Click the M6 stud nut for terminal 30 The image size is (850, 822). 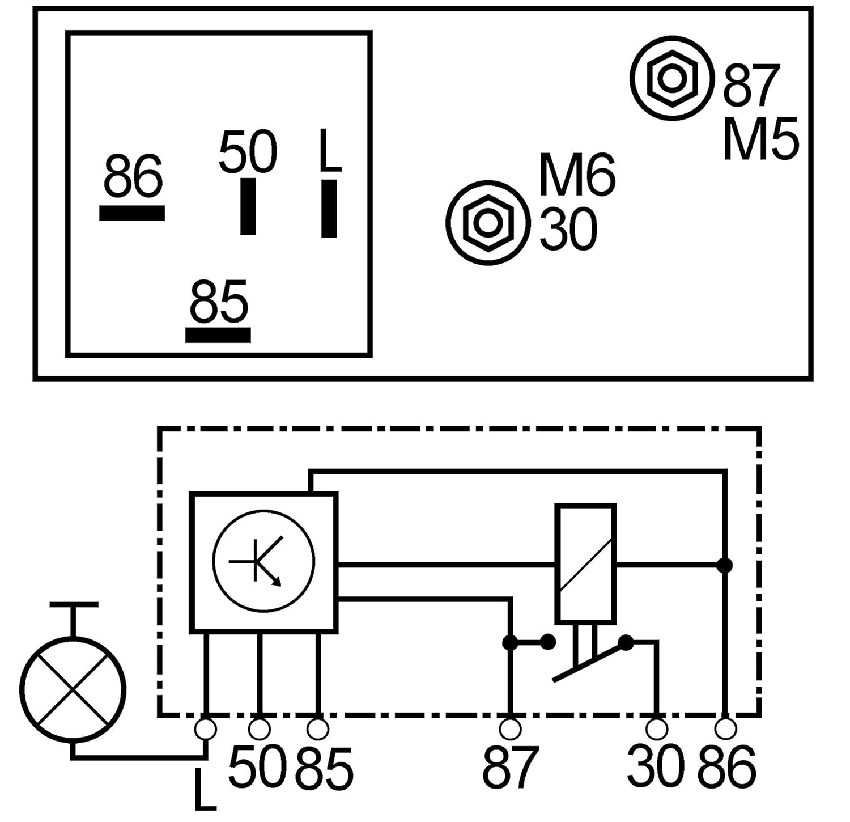tap(487, 223)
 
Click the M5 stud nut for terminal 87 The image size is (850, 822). tap(672, 78)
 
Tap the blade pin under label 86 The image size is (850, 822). tap(132, 213)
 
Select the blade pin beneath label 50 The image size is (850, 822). tap(248, 206)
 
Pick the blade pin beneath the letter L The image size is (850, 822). tap(329, 208)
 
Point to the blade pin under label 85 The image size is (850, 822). tap(218, 335)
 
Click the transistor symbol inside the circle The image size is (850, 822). tap(263, 561)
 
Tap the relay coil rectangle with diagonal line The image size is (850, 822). tap(585, 564)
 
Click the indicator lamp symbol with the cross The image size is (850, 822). tap(73, 689)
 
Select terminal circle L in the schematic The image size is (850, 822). tap(205, 729)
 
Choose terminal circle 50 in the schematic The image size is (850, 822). tap(260, 729)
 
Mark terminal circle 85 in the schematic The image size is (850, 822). tap(317, 729)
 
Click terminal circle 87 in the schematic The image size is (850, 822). tap(510, 729)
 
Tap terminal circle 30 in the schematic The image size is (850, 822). tap(657, 729)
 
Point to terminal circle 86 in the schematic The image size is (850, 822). tap(725, 729)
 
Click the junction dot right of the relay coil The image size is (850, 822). tap(724, 565)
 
